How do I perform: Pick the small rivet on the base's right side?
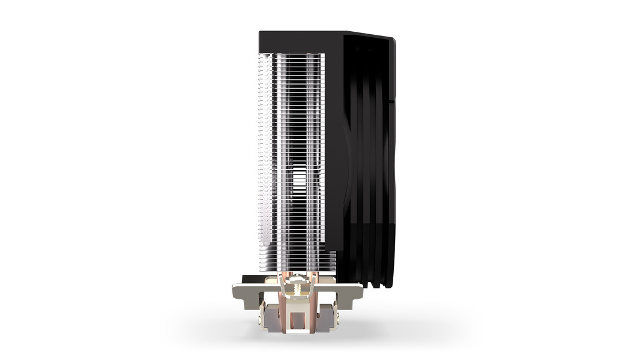334,312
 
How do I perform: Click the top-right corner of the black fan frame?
393,40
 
